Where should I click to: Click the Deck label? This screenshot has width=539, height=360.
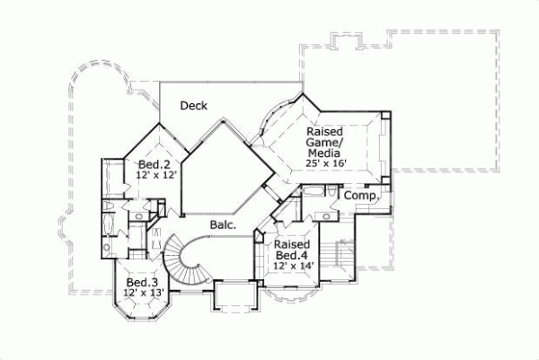pyautogui.click(x=194, y=106)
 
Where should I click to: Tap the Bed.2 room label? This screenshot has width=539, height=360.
pyautogui.click(x=155, y=164)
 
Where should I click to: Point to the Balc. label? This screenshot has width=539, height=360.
pyautogui.click(x=223, y=224)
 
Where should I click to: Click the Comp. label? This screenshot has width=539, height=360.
pyautogui.click(x=358, y=196)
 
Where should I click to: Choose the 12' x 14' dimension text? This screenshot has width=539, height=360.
pyautogui.click(x=292, y=265)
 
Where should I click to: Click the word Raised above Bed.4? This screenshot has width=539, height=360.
pyautogui.click(x=292, y=243)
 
